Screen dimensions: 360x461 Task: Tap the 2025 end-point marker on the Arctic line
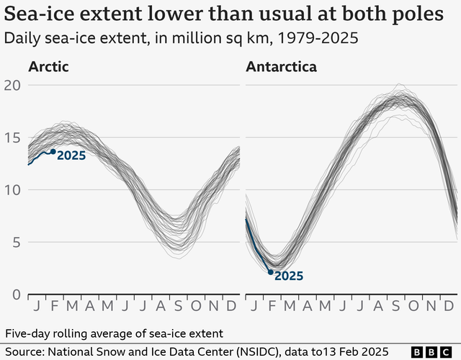pyautogui.click(x=53, y=151)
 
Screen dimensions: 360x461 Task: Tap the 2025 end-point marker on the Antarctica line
pyautogui.click(x=271, y=272)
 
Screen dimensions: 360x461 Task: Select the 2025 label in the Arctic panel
pyautogui.click(x=71, y=155)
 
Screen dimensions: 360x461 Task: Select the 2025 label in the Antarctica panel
pyautogui.click(x=289, y=276)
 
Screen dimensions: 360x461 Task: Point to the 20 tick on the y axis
pyautogui.click(x=10, y=85)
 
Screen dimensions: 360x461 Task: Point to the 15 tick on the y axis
pyautogui.click(x=10, y=138)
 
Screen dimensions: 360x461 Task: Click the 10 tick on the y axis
pyautogui.click(x=10, y=190)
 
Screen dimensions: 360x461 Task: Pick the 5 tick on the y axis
pyautogui.click(x=14, y=243)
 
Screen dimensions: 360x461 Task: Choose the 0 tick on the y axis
pyautogui.click(x=14, y=294)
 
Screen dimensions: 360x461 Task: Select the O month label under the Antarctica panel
pyautogui.click(x=413, y=307)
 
